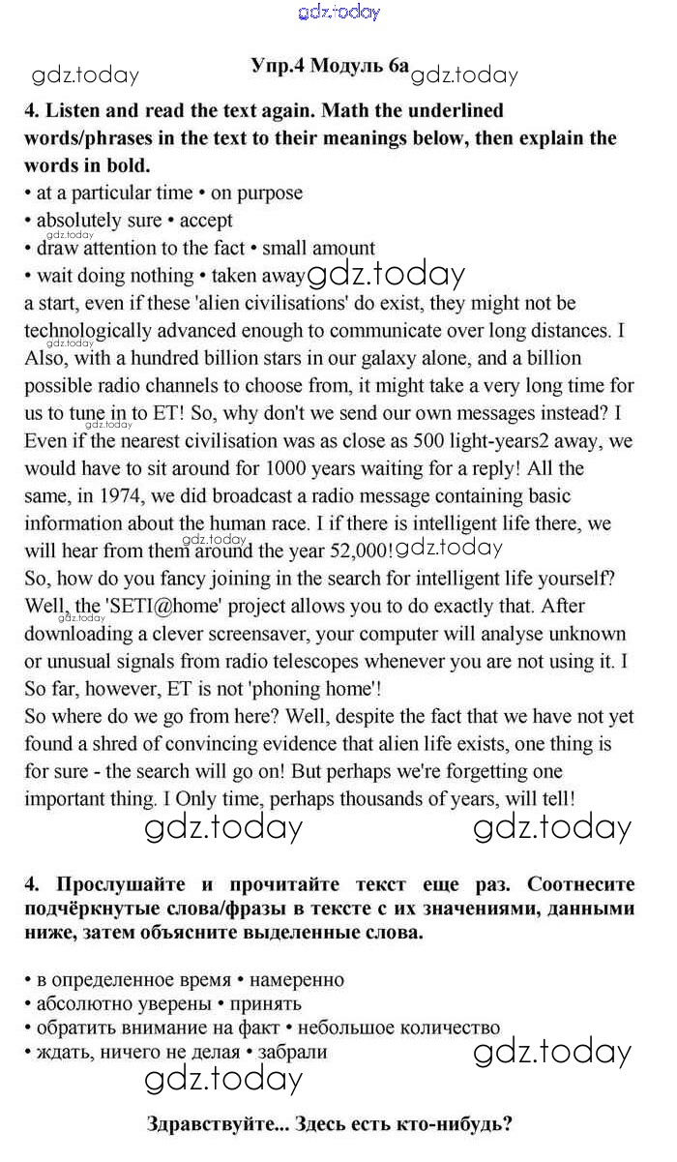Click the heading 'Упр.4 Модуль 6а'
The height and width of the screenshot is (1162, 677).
click(x=329, y=67)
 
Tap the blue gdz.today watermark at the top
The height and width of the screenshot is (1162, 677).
click(x=339, y=12)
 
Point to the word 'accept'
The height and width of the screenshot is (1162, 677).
click(x=206, y=220)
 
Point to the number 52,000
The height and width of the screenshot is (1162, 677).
click(x=358, y=551)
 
